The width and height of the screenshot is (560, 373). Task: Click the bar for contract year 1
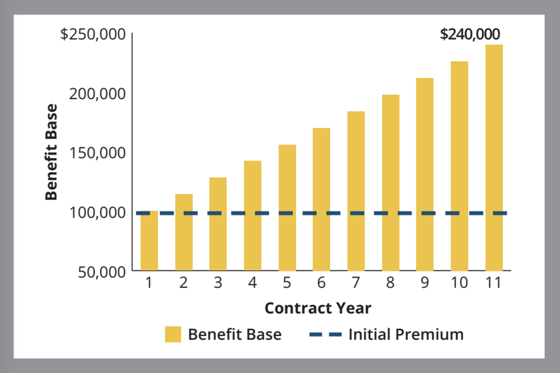click(149, 241)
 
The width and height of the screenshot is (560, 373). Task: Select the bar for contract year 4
click(253, 216)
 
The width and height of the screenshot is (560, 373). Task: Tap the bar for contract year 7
click(356, 191)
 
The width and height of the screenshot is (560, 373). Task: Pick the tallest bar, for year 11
click(494, 158)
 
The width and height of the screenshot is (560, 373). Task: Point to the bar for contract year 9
click(425, 174)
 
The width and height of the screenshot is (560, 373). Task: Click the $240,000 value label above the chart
click(470, 34)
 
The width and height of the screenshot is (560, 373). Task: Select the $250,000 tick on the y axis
click(93, 34)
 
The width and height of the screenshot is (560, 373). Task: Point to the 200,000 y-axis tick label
click(97, 94)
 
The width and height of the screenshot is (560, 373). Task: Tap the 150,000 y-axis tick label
click(97, 153)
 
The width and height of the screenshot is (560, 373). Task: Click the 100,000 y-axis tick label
click(97, 213)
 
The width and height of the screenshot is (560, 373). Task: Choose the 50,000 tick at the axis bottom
click(102, 272)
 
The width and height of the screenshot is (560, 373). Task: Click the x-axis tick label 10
click(459, 282)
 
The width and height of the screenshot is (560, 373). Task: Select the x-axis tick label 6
click(321, 282)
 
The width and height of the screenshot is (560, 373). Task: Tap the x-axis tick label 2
click(184, 282)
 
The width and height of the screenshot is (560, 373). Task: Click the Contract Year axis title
click(318, 308)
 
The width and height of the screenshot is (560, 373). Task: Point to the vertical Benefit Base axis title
click(52, 152)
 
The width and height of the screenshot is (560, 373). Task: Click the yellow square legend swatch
click(173, 334)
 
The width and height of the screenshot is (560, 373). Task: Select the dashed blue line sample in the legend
click(325, 335)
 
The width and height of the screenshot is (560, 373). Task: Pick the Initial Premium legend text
click(406, 335)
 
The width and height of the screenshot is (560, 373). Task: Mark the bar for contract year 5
click(287, 208)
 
